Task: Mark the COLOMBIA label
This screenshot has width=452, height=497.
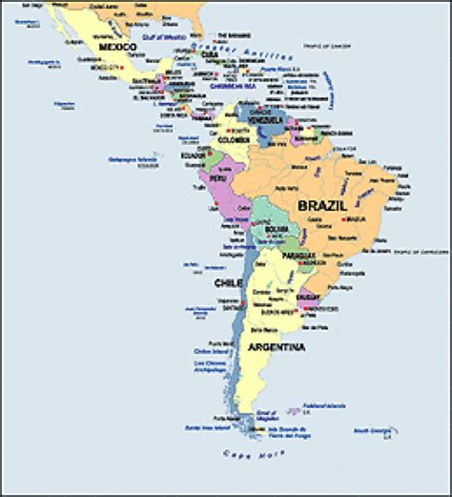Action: click(235, 144)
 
